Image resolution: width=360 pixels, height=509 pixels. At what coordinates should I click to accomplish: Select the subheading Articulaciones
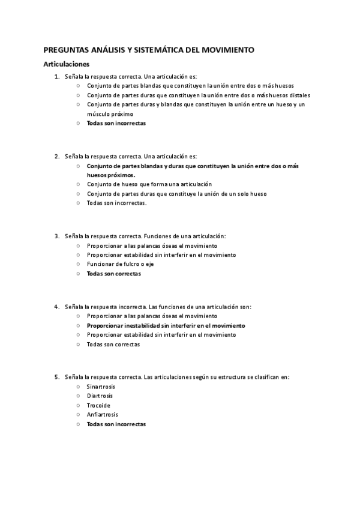66,64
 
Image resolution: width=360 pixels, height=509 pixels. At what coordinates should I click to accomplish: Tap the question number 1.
57,76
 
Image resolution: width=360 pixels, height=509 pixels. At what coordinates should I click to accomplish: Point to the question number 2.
57,156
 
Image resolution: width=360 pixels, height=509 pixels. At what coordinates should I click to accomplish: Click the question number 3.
57,236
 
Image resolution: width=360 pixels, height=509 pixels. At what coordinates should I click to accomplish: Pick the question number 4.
57,306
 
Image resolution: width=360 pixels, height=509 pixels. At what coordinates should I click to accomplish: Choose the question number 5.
57,377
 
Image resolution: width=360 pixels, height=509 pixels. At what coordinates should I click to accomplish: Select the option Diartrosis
100,396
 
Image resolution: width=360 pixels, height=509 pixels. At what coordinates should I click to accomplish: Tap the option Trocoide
98,405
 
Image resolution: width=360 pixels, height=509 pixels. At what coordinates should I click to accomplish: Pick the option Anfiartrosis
102,414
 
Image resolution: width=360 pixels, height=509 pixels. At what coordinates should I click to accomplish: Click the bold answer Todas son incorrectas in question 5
116,424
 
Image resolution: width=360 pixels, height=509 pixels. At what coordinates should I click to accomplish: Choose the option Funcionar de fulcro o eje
119,264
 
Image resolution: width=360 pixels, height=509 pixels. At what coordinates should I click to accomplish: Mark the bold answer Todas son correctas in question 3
113,274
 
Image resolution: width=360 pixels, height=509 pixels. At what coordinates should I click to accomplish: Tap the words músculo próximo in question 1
110,113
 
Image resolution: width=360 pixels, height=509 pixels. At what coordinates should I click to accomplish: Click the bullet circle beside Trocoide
79,405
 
